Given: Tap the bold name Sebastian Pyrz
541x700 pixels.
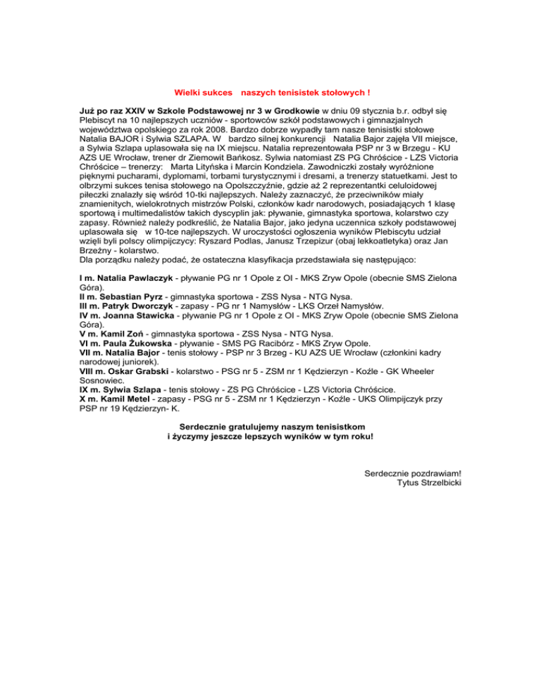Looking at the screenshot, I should point(137,297).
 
